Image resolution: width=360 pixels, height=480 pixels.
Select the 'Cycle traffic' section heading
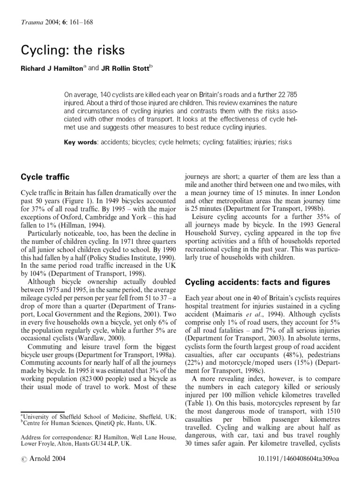pos(45,177)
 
